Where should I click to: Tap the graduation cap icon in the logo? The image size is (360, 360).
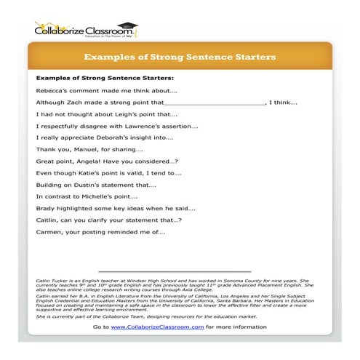coord(129,25)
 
